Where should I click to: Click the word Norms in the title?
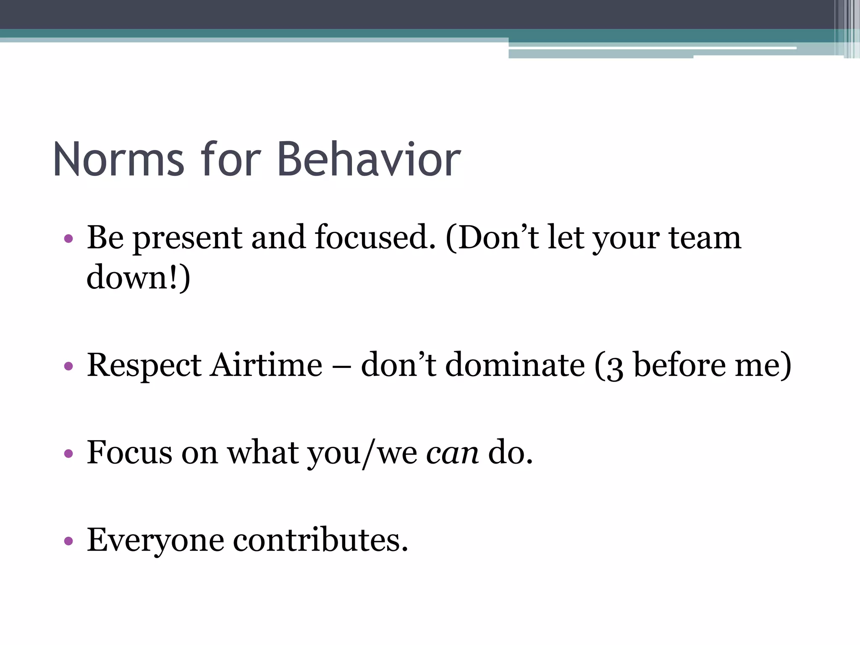(x=118, y=160)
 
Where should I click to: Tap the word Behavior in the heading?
(x=369, y=160)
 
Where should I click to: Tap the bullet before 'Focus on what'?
(x=68, y=454)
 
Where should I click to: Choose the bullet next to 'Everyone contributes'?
(x=68, y=541)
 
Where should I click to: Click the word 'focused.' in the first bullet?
(x=375, y=238)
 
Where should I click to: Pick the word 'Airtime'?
(x=266, y=364)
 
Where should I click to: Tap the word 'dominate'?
(x=515, y=364)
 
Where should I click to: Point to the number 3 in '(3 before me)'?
(x=614, y=367)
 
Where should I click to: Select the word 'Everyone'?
(x=155, y=540)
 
